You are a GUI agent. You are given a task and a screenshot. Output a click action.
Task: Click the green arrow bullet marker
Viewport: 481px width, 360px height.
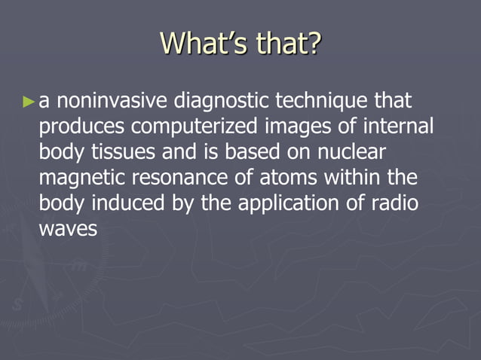(x=29, y=101)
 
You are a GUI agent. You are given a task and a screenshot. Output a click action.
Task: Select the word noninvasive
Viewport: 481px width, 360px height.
(x=112, y=101)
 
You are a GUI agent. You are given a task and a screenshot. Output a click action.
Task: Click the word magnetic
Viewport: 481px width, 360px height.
(x=79, y=179)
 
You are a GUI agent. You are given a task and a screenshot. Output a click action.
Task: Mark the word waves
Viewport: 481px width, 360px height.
(x=68, y=230)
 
